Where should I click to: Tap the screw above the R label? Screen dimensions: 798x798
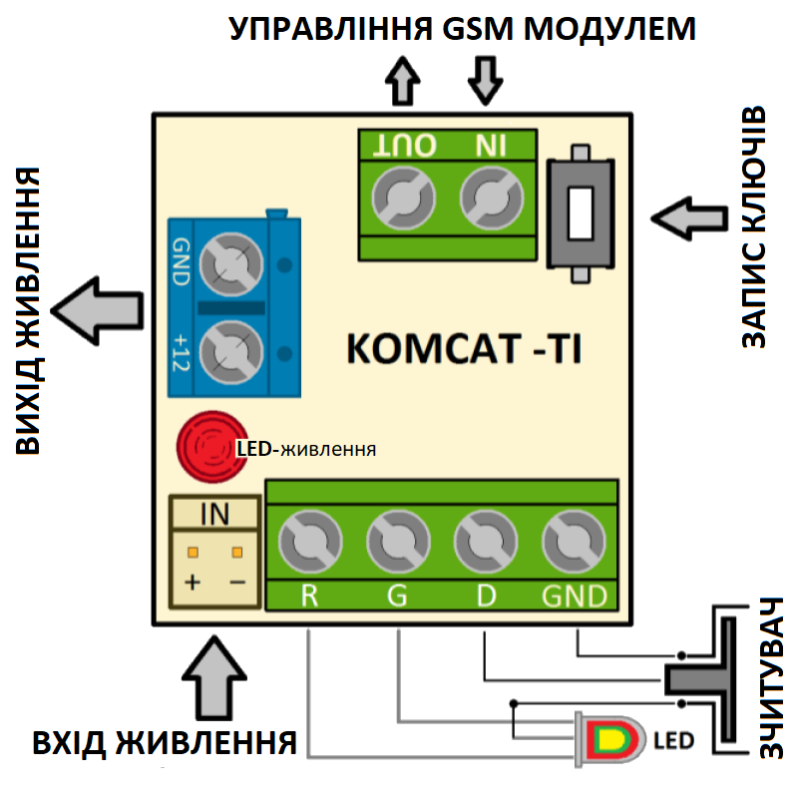click(x=310, y=543)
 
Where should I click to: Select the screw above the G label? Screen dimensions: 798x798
click(x=397, y=543)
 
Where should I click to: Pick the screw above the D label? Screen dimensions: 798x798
click(x=485, y=543)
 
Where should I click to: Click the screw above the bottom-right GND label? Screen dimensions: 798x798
click(x=573, y=543)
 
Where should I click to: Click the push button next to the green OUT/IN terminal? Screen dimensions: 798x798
click(x=580, y=212)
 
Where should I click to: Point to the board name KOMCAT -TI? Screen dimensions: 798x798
click(x=463, y=350)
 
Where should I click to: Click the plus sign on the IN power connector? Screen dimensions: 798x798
click(x=192, y=582)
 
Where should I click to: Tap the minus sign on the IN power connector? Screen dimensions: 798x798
click(x=237, y=582)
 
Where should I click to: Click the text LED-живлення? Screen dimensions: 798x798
click(x=305, y=449)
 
